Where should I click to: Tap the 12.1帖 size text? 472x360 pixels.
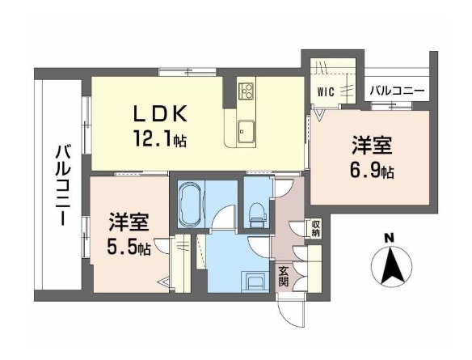(159, 140)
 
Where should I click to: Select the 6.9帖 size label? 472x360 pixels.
(373, 172)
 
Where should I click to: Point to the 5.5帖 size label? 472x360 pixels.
(129, 247)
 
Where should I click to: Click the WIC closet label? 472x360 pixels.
(327, 91)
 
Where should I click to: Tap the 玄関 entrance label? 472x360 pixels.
(284, 276)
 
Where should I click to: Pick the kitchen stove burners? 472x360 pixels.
(246, 89)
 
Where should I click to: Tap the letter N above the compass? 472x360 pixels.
(389, 238)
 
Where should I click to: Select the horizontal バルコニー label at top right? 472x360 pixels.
(396, 91)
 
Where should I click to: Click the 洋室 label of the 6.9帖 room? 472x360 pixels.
(372, 146)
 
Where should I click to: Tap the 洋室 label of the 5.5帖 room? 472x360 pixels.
(128, 222)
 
